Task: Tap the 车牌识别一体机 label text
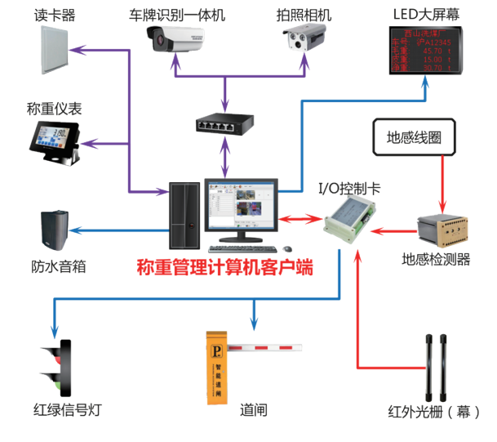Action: [x=177, y=15]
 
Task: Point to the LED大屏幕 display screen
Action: [x=424, y=51]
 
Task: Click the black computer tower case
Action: [x=184, y=216]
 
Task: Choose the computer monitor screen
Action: [x=240, y=208]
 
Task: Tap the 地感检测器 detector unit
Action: [x=442, y=231]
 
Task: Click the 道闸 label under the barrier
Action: [x=254, y=410]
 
